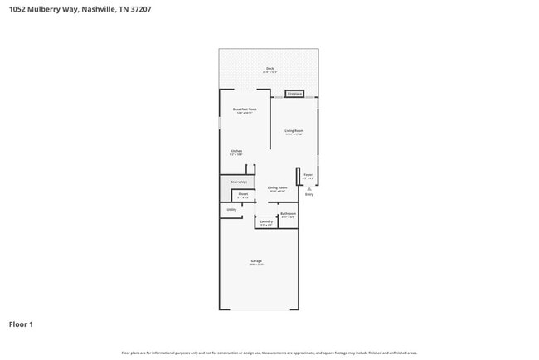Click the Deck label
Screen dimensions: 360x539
(269, 68)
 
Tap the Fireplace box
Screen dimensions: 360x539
(294, 94)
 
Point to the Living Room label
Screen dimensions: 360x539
(294, 131)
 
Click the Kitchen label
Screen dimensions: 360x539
(236, 151)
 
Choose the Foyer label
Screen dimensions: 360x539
(308, 175)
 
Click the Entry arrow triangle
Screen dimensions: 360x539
(309, 187)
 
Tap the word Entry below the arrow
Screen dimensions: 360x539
(309, 194)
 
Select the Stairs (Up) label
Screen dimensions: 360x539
(238, 181)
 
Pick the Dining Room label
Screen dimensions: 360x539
(278, 188)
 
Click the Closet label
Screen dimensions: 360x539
(243, 195)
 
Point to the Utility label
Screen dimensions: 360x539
(232, 210)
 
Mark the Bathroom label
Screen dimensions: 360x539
(288, 215)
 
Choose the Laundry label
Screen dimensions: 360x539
(266, 222)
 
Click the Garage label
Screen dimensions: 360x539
(256, 262)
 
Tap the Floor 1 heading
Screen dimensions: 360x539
(21, 324)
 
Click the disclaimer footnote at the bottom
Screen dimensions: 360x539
(269, 353)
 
